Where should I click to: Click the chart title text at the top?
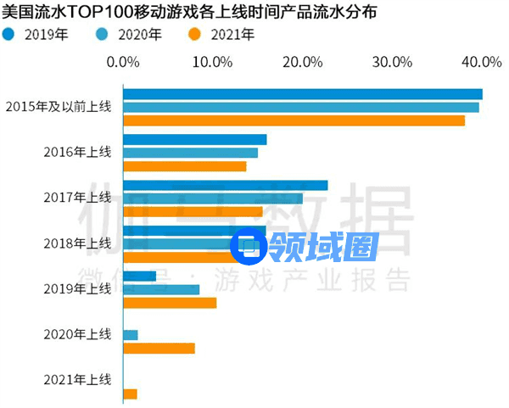point(191,14)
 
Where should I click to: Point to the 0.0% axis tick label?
point(125,62)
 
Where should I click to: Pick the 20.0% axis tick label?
point(303,62)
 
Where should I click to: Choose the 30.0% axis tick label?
point(393,62)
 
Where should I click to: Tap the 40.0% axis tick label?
point(479,62)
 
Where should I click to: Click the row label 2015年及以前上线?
point(58,107)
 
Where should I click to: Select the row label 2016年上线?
point(77,152)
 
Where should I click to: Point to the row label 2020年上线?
point(77,334)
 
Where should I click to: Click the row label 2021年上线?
point(77,379)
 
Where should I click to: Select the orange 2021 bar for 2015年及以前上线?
point(294,120)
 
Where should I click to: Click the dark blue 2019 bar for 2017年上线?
point(226,185)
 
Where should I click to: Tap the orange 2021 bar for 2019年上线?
point(171,303)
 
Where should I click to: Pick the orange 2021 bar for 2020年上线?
point(159,348)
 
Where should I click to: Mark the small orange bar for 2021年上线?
point(131,394)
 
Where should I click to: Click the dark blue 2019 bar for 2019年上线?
point(140,276)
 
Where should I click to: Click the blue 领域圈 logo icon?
point(249,246)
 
